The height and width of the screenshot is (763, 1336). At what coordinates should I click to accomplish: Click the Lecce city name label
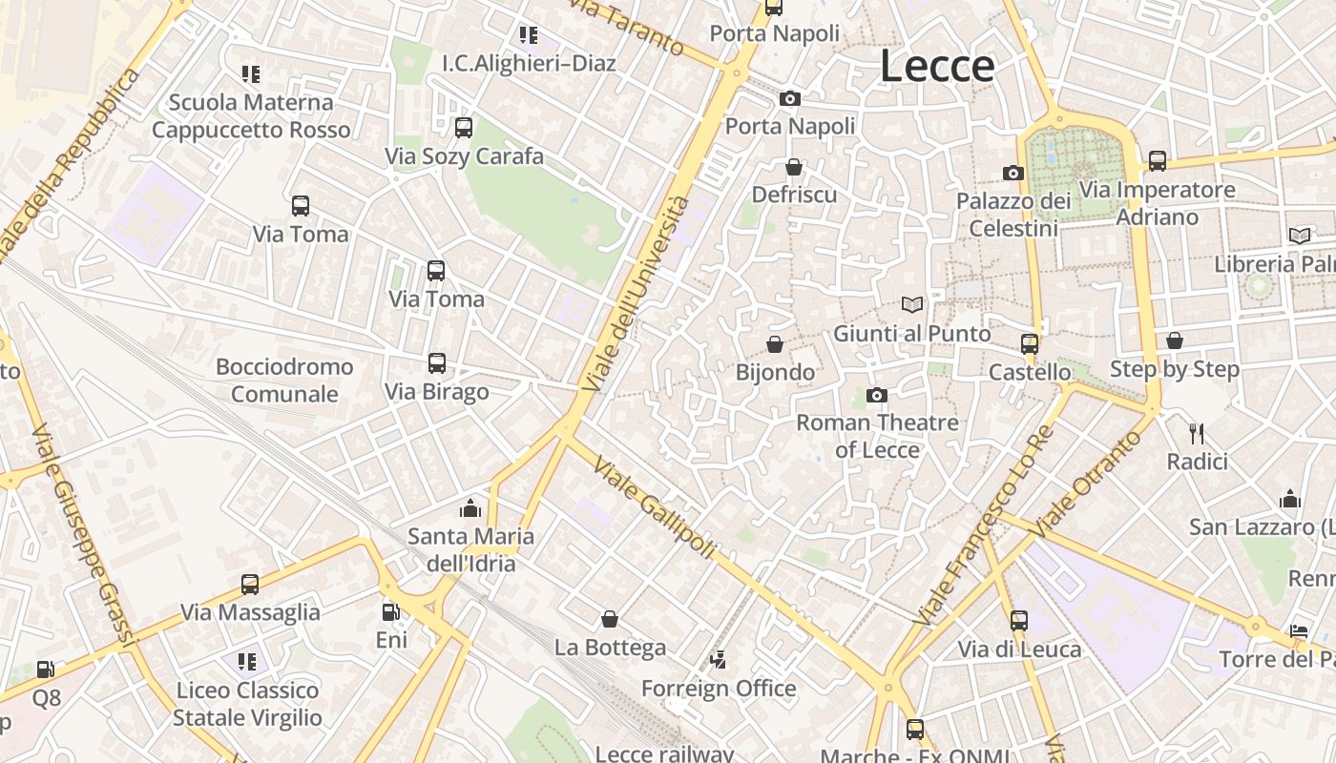point(937,66)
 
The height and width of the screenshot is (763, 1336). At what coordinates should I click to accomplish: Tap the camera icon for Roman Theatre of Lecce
point(877,395)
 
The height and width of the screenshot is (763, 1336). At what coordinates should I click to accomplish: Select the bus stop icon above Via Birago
point(437,363)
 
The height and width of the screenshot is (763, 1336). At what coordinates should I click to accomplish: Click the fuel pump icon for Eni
point(390,611)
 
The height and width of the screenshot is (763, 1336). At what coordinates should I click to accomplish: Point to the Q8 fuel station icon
point(45,670)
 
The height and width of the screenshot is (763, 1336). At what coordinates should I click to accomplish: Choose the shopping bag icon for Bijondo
point(775,344)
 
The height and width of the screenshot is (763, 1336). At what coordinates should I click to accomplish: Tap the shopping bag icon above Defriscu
point(793,168)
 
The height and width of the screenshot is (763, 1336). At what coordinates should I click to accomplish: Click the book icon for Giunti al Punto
point(912,305)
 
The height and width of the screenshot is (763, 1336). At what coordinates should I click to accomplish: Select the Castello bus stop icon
point(1029,344)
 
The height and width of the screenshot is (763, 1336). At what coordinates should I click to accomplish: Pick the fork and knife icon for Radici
point(1197,434)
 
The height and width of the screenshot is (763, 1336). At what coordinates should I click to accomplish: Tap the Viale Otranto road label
point(1087,483)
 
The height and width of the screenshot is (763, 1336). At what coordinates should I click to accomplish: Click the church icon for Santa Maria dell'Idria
point(470,508)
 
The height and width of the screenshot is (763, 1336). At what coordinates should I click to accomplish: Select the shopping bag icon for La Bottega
point(609,620)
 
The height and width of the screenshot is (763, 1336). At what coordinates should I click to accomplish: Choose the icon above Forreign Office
point(719,660)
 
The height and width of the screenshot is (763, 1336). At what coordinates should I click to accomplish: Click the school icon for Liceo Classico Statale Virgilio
point(247,662)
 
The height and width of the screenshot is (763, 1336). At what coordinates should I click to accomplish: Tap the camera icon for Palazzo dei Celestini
point(1012,174)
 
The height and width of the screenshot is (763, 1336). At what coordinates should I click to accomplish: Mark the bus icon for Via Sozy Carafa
point(464,128)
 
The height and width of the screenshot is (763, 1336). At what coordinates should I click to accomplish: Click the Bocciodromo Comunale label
point(284,381)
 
